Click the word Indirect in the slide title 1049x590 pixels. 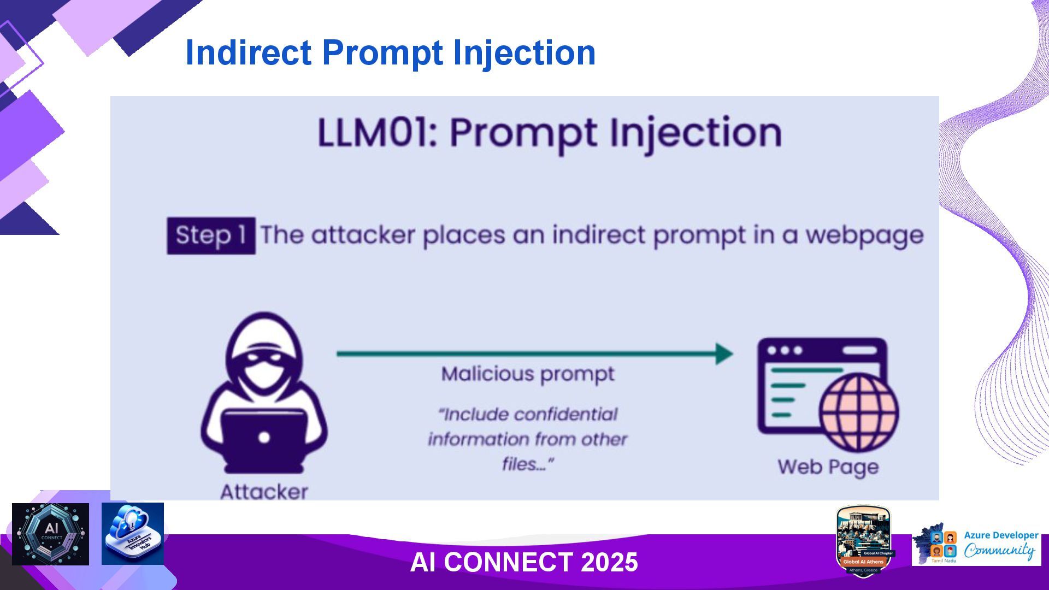coord(249,52)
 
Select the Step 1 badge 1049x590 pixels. coord(211,235)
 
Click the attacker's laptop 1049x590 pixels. coord(264,437)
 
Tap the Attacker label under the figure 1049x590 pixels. coord(264,492)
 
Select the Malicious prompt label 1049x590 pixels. coord(528,374)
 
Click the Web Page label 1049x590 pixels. coord(828,467)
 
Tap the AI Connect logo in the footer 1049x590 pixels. coord(50,534)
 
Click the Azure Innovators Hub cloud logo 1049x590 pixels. coord(133,534)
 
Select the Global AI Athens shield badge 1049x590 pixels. coord(863,541)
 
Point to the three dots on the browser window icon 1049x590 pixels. coord(785,350)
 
